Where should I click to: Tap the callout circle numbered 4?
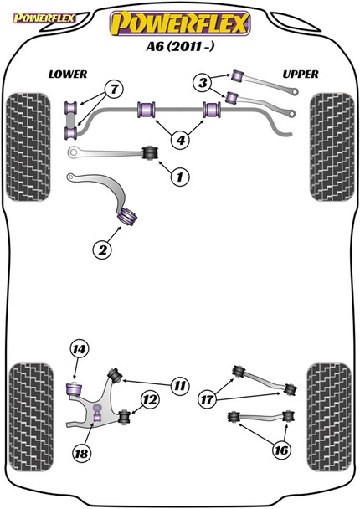(x=180, y=139)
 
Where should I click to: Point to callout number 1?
(x=177, y=176)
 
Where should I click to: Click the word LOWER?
(x=68, y=75)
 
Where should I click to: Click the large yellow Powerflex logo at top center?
(x=180, y=23)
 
